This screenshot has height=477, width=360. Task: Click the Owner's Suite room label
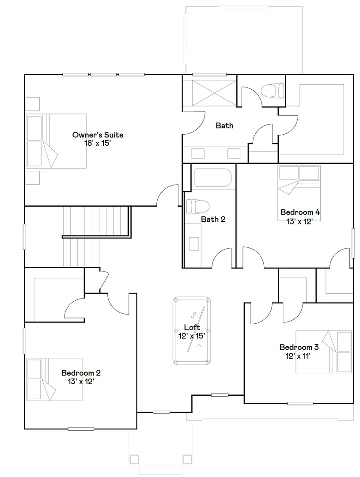[x=98, y=135]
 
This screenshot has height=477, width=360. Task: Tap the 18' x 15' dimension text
[x=98, y=143]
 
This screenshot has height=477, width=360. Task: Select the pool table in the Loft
[x=192, y=330]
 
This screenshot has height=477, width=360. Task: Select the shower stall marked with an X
[x=209, y=93]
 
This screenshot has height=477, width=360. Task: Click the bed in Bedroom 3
[x=323, y=352]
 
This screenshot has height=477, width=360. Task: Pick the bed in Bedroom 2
[x=55, y=379]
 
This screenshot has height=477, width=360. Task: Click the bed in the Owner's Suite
[x=56, y=141]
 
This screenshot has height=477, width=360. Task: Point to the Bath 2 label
[x=213, y=219]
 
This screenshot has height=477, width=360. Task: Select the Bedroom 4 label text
[x=300, y=212]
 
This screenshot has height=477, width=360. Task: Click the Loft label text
[x=192, y=327]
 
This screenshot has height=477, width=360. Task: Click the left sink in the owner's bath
[x=197, y=153]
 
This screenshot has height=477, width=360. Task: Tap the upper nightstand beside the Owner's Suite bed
[x=33, y=103]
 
